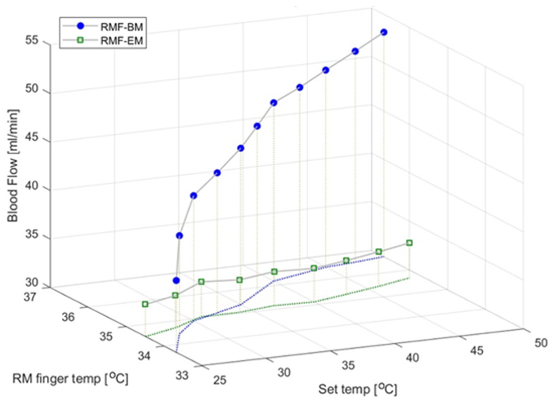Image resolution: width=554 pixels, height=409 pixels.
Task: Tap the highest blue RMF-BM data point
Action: coord(384,32)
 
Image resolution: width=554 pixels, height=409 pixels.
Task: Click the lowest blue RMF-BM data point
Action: coord(176,280)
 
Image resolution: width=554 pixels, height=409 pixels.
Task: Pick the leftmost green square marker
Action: coord(145,304)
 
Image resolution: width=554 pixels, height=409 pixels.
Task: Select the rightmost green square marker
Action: coord(409,243)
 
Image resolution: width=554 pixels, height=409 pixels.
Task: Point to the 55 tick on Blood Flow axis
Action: coord(32,40)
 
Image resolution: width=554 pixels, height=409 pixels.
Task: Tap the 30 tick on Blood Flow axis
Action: coord(32,282)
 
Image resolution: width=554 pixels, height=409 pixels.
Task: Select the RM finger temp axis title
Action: coord(70,379)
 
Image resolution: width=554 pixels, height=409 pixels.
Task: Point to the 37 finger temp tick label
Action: coord(30,297)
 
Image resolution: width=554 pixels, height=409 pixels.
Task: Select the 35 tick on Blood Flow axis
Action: coord(32,234)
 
